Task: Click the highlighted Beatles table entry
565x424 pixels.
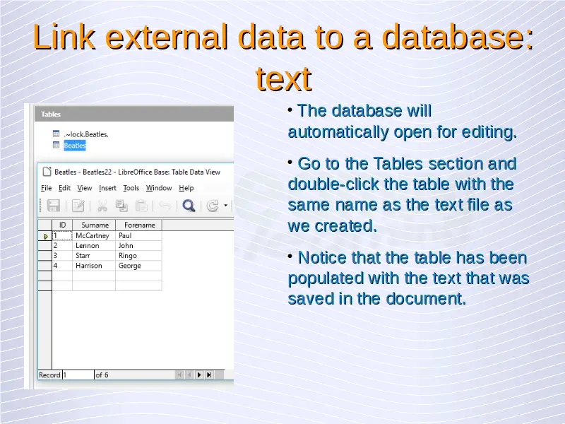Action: pos(75,146)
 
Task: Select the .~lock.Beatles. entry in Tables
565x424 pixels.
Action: pos(86,134)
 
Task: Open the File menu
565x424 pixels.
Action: pos(46,188)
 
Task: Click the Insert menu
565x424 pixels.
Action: pos(107,188)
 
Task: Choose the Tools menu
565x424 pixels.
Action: pos(131,188)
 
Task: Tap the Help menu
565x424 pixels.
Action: pos(186,188)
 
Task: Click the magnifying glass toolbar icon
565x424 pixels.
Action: pos(189,206)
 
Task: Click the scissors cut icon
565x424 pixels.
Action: pos(102,206)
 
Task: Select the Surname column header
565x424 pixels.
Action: pos(94,225)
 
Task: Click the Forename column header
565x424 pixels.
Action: pos(139,225)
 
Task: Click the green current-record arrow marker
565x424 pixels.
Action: pos(46,236)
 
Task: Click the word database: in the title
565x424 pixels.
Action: pos(457,37)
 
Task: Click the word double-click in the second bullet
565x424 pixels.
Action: pos(333,184)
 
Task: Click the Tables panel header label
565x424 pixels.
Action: pos(51,114)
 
